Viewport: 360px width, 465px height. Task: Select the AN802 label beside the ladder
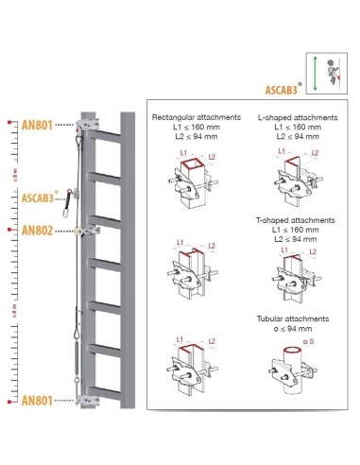[x=42, y=230]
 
